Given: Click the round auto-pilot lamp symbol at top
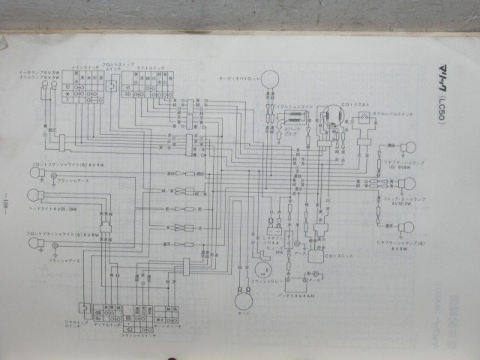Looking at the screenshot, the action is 268,82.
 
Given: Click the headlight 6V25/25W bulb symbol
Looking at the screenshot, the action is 32,196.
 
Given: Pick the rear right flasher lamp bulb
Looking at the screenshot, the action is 411,147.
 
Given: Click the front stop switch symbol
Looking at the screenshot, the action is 112,85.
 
